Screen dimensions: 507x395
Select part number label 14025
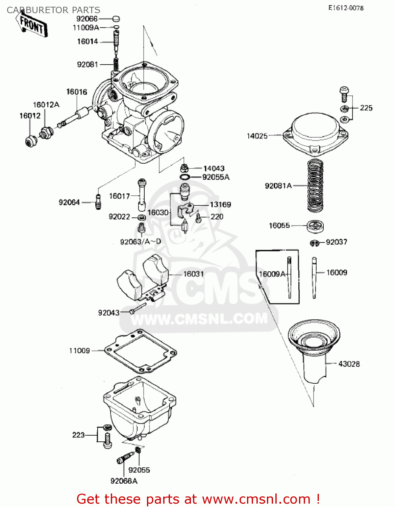(x=257, y=136)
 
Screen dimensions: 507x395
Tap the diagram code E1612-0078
(x=346, y=8)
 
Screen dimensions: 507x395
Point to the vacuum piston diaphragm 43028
(x=314, y=352)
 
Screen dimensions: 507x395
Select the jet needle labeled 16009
(x=314, y=277)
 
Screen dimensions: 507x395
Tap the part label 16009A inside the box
(x=272, y=274)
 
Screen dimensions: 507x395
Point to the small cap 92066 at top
(x=116, y=19)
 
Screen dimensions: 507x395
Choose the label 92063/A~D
(x=141, y=241)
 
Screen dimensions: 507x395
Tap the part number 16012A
(x=46, y=105)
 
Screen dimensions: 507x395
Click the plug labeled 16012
(x=31, y=141)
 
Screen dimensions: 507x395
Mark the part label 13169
(x=220, y=204)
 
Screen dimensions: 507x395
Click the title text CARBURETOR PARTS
(x=53, y=10)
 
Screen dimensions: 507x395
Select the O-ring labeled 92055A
(x=184, y=177)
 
